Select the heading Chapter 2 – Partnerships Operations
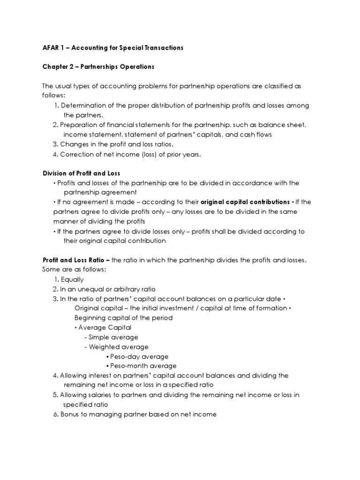(98, 67)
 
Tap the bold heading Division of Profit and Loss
(82, 173)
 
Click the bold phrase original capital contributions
(245, 202)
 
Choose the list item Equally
(72, 279)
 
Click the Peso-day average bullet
(139, 356)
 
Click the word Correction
(77, 154)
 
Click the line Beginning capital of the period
(123, 318)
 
